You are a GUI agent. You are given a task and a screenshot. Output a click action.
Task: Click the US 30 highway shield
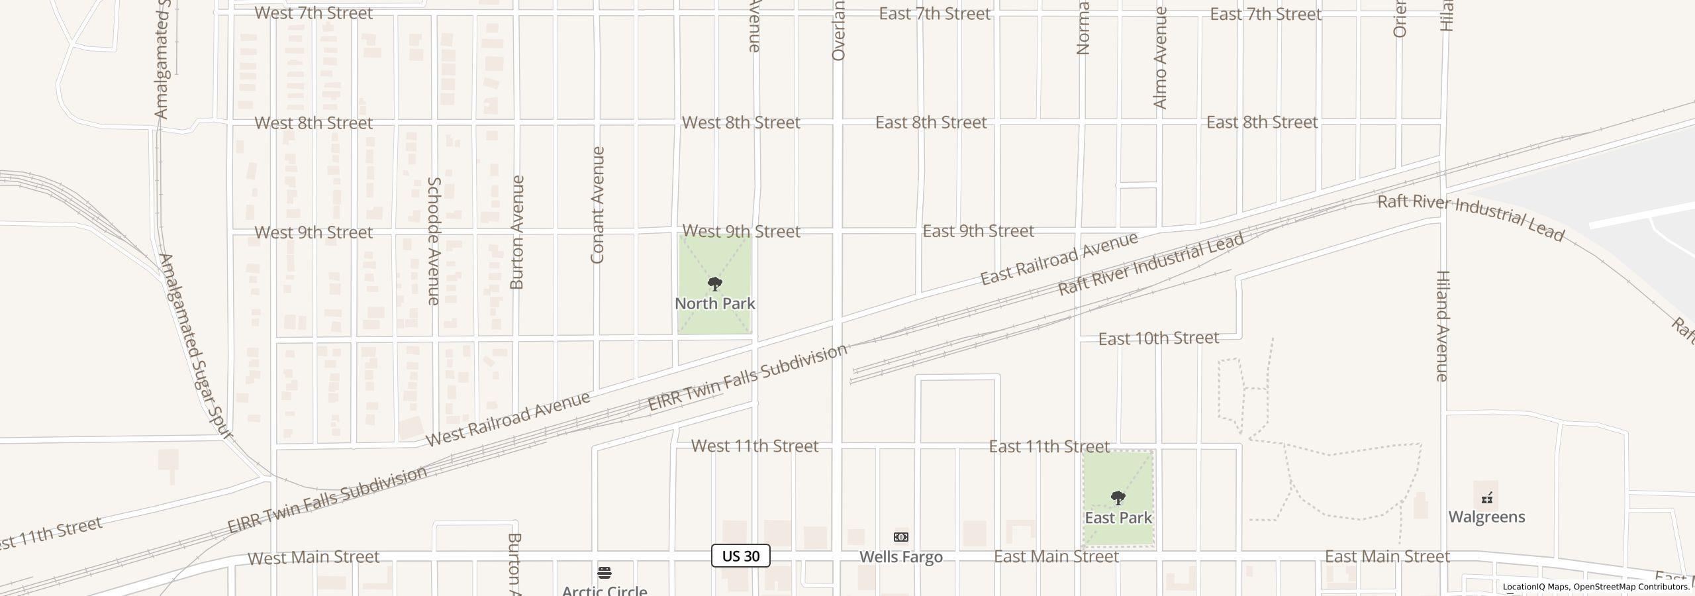point(740,556)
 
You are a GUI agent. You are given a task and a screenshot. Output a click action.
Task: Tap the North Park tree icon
point(714,284)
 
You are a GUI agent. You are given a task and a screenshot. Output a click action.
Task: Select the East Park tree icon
point(1118,498)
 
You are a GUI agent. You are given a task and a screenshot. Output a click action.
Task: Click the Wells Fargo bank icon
point(901,537)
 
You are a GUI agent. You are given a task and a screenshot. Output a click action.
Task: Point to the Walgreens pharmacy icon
point(1487,498)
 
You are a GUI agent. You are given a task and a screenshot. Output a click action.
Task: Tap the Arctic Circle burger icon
point(605,573)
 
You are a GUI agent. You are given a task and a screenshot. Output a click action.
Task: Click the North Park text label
point(714,303)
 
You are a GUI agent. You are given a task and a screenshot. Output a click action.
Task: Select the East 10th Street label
point(1158,338)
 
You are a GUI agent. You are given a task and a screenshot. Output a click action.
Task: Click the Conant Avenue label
point(597,205)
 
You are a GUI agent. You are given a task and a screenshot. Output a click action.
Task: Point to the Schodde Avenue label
point(434,241)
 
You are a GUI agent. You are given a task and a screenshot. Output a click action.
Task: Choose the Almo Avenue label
point(1160,58)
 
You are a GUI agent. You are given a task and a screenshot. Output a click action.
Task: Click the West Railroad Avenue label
point(507,419)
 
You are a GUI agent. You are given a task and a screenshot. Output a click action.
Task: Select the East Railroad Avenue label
point(1059,258)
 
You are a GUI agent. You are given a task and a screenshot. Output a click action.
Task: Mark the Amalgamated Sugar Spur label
point(195,346)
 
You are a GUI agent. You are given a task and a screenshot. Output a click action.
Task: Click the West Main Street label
point(313,558)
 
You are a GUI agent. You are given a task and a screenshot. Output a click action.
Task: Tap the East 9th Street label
point(978,231)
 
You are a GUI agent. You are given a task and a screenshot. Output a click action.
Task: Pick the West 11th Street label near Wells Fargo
point(755,446)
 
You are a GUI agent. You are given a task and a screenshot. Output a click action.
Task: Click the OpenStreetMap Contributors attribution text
point(1631,587)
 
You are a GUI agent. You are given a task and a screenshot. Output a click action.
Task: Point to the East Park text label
point(1118,518)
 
